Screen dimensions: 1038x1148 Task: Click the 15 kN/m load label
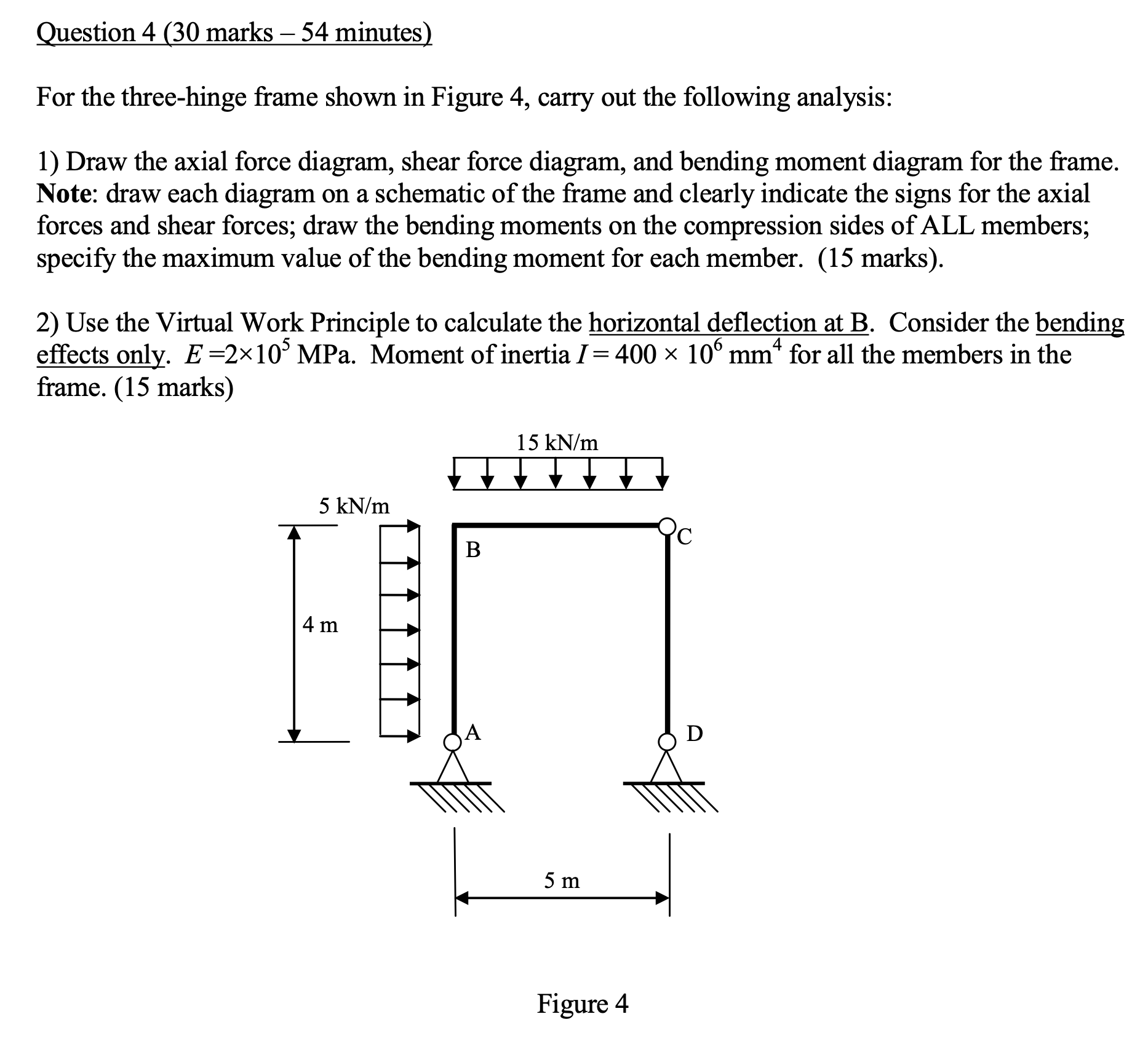tap(557, 443)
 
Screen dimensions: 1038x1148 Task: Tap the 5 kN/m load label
tap(354, 506)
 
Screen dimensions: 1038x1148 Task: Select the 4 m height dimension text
tap(320, 625)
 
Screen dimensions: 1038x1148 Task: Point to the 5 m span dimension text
tap(561, 881)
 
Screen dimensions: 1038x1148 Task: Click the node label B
tap(472, 549)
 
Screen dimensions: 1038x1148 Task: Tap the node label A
tap(473, 732)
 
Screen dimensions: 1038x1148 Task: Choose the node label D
tap(695, 734)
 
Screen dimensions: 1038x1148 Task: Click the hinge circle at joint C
tap(666, 526)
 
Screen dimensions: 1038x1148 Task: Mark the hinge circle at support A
tap(453, 742)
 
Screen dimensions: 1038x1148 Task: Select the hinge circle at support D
tap(666, 742)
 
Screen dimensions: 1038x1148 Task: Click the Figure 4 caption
tap(583, 1004)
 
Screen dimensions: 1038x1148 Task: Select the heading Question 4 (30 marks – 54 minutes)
tap(234, 33)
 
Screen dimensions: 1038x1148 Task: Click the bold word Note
tap(63, 194)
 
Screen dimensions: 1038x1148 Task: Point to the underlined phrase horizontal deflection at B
tap(729, 322)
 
